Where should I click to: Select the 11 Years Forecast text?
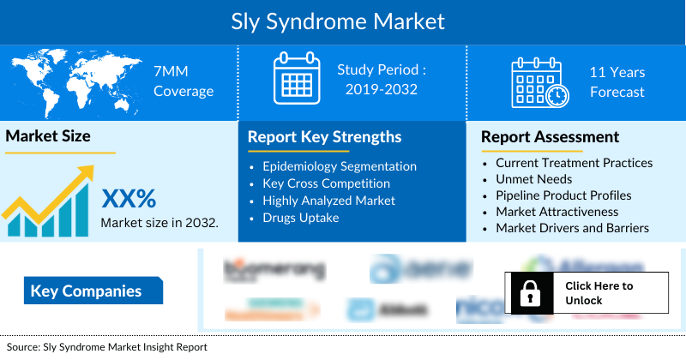617,81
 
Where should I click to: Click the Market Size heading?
48,135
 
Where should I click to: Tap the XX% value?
129,199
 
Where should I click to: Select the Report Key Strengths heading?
324,137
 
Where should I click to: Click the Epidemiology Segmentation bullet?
340,166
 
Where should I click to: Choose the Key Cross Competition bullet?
326,183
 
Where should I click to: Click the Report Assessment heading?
550,137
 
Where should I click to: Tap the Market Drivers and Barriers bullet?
572,228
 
